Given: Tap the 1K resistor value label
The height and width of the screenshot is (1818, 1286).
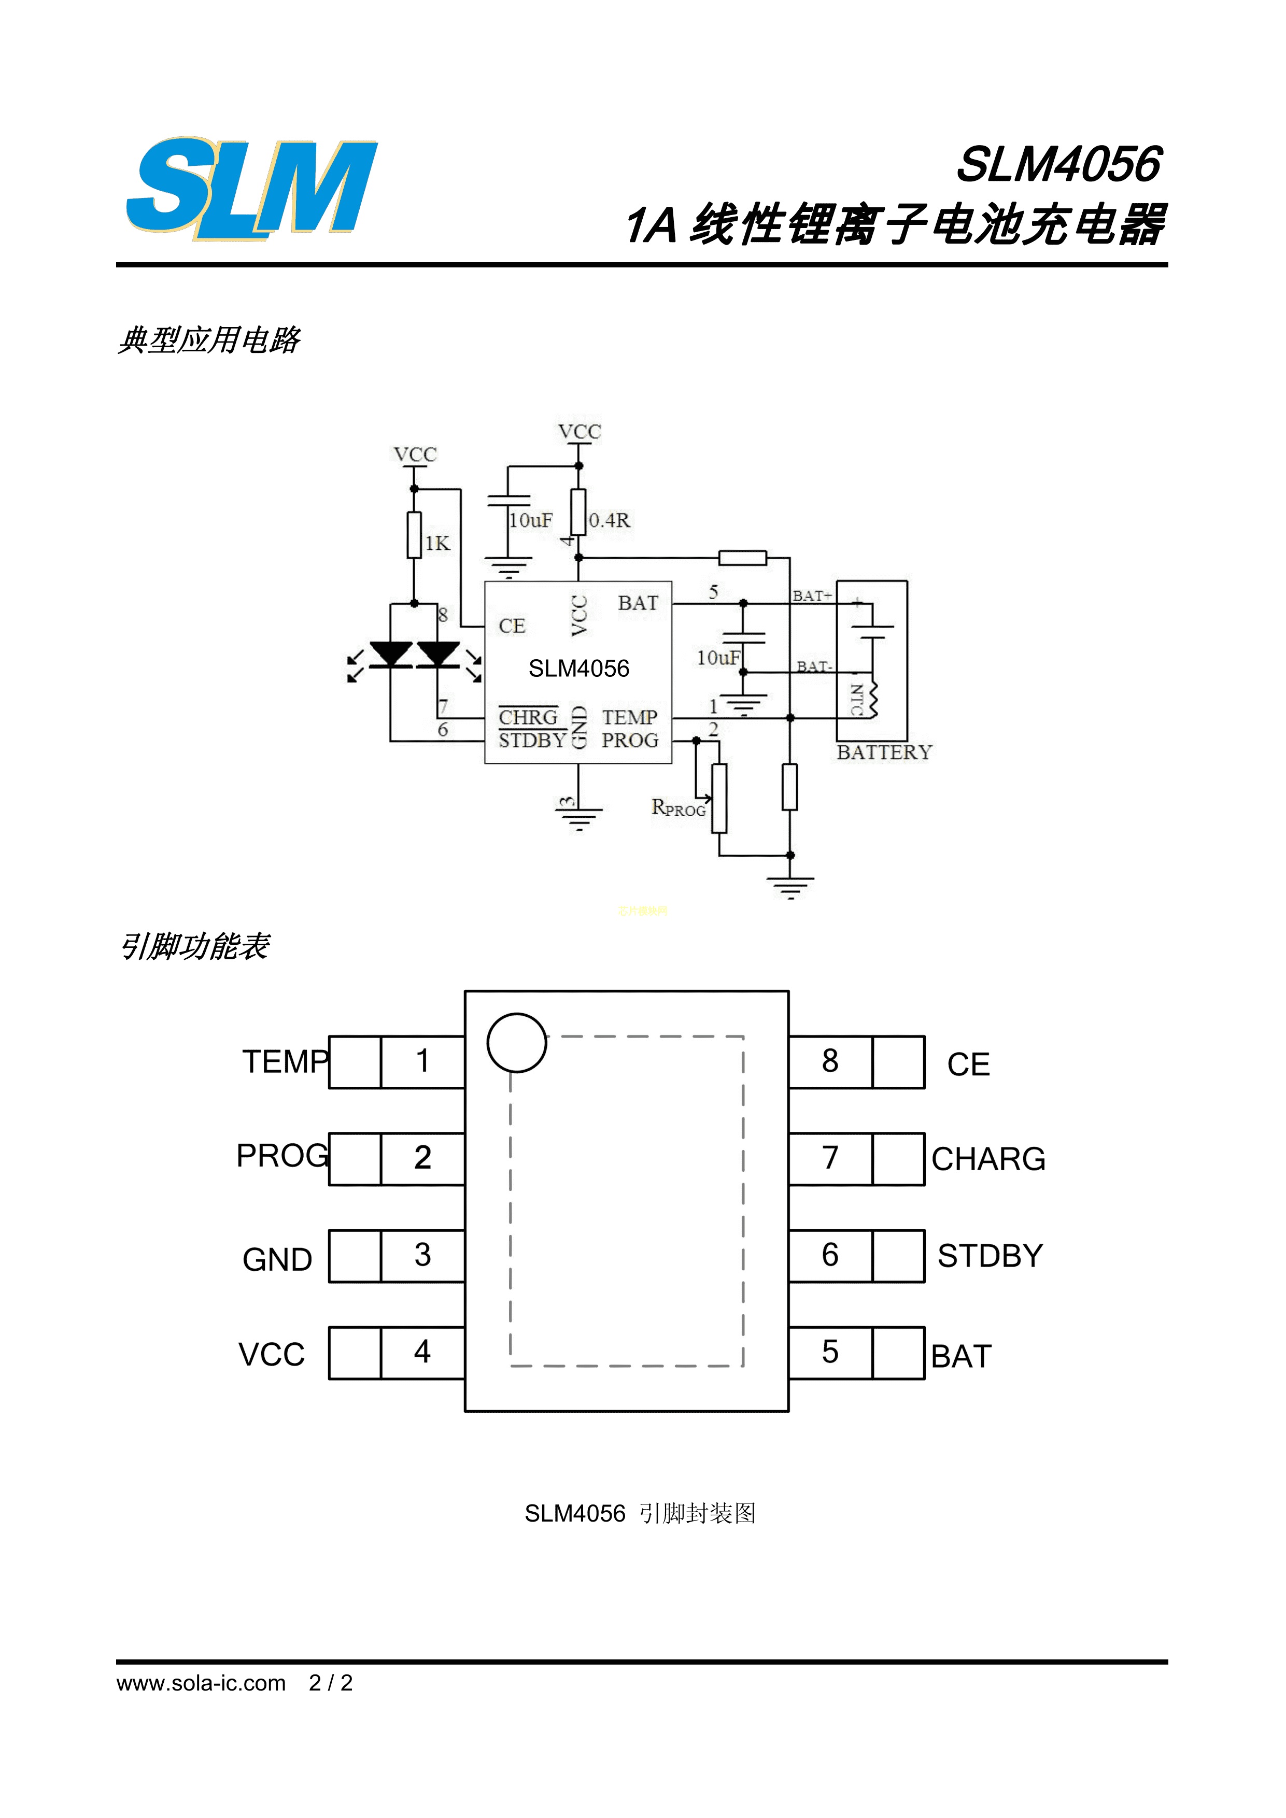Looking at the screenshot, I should (x=437, y=543).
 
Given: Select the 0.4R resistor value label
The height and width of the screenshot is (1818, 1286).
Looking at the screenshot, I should (x=609, y=520).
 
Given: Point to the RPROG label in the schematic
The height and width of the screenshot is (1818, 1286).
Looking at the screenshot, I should (x=678, y=807).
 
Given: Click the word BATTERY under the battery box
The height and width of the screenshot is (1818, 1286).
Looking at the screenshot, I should (x=884, y=752).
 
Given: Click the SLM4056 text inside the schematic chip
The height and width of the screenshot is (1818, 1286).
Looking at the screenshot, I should (x=579, y=669).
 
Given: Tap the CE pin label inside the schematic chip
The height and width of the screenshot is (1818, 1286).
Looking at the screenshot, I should (x=512, y=627).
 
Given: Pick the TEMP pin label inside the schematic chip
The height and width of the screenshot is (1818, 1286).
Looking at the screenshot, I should (x=630, y=717).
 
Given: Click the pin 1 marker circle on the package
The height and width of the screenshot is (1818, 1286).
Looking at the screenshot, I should (x=516, y=1043).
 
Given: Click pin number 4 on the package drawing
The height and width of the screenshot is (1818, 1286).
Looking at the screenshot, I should (x=422, y=1352).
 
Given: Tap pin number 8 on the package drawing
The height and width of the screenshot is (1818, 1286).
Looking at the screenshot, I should (x=830, y=1061).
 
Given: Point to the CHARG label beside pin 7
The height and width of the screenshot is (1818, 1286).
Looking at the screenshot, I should (x=988, y=1159).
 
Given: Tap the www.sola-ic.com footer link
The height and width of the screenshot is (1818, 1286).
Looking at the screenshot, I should (x=201, y=1683).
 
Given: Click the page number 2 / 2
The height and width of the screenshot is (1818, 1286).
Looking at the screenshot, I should (x=331, y=1683).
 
